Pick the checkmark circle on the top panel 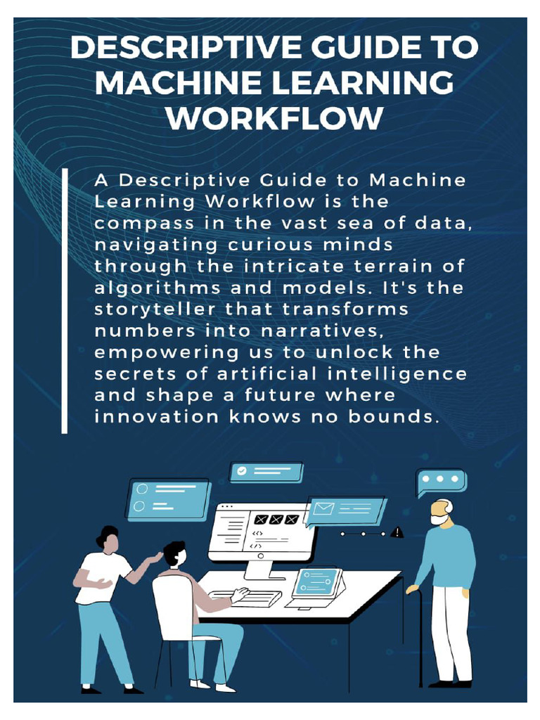coord(242,471)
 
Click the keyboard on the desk coord(246,598)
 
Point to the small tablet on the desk coord(316,584)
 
